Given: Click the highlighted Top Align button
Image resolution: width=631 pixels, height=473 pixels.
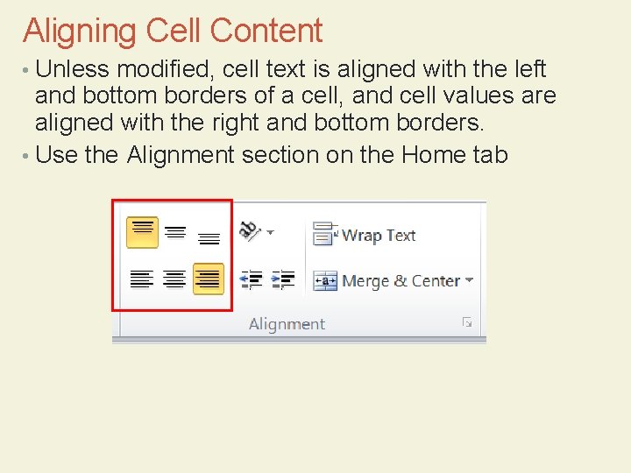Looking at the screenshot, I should pos(142,232).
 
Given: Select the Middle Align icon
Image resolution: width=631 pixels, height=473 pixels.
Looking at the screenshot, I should pos(175,233).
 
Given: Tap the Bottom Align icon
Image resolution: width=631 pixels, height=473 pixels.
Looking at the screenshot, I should pos(209,236).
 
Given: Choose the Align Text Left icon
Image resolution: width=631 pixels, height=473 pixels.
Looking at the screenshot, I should pos(141,279).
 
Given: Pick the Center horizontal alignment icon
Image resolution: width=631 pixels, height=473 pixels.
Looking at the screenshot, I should pos(175,279).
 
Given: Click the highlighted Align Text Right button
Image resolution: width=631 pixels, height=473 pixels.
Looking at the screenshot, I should pos(209,279).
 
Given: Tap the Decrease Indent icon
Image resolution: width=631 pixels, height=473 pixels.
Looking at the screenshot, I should pos(251,279).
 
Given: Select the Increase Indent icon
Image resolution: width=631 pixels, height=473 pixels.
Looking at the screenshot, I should pos(282,279).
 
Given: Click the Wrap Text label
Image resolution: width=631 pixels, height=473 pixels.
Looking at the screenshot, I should pos(378,235).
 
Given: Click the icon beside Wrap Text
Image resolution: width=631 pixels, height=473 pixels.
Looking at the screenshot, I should pos(325,234).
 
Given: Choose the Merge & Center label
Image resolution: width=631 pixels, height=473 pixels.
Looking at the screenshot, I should pos(401,281).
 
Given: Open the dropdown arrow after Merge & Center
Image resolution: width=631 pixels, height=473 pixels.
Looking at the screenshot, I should pos(470,280).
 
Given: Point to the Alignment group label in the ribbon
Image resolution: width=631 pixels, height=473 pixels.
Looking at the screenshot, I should pos(287,324).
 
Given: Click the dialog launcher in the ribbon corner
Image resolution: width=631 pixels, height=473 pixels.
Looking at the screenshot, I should pos(467,322).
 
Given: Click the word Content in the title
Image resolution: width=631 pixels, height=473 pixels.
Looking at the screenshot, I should pos(266,32).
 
